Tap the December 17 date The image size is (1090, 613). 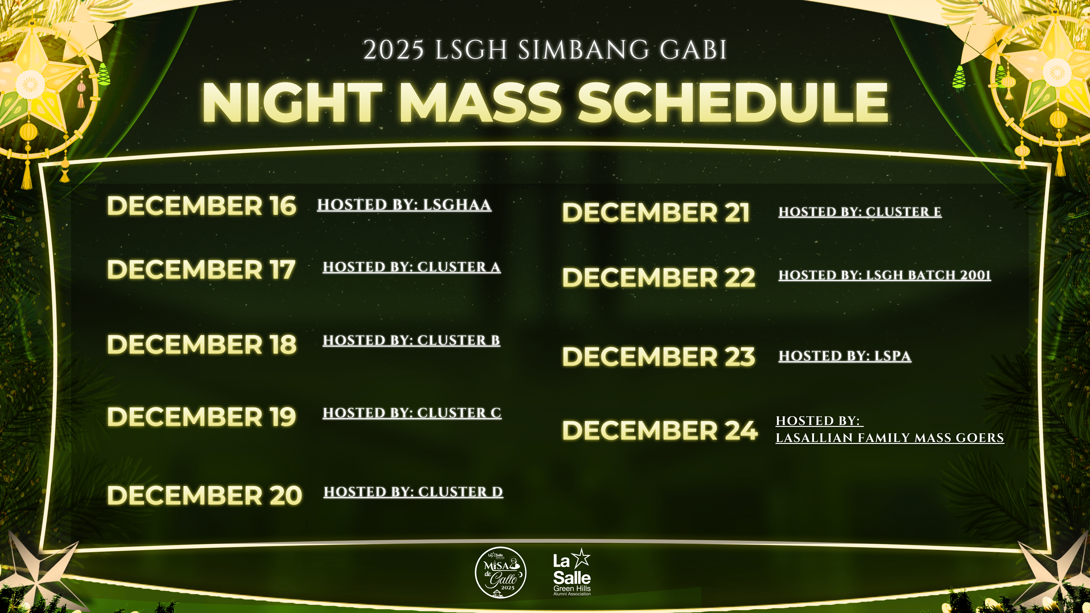click(201, 270)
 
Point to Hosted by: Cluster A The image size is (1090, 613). click(412, 267)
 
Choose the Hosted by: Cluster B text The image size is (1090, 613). click(411, 340)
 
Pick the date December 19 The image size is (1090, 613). click(201, 417)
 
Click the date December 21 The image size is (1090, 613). click(656, 213)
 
